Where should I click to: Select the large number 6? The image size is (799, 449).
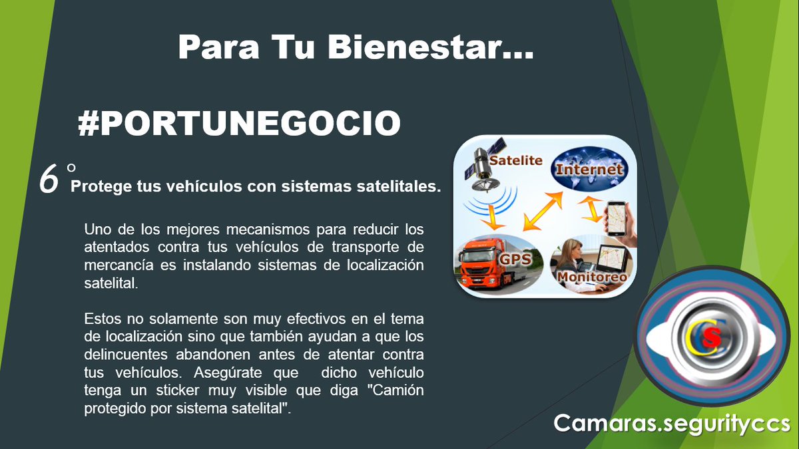pos(49,181)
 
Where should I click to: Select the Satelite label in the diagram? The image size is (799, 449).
pos(516,160)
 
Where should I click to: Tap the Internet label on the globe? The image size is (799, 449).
pos(589,169)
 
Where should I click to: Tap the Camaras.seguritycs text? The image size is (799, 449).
pos(671,422)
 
